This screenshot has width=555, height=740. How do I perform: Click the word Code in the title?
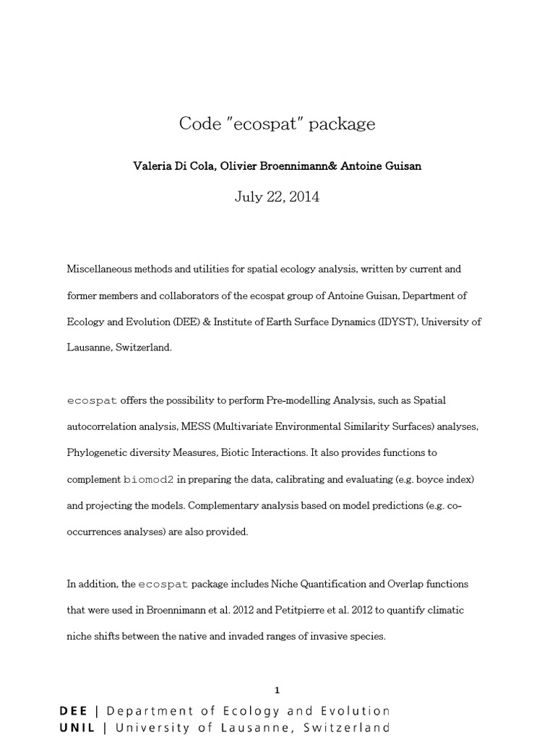(199, 124)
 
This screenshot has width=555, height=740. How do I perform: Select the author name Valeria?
(153, 165)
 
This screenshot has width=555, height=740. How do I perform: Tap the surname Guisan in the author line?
(402, 165)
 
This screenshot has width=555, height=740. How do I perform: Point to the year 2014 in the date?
(303, 197)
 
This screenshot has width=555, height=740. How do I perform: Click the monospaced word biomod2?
(150, 479)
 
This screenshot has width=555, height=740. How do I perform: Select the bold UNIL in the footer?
(77, 728)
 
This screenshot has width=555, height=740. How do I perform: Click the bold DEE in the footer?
(74, 711)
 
